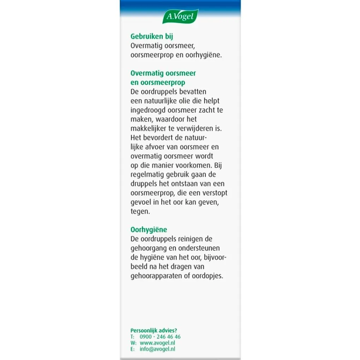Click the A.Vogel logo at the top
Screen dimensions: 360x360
180,17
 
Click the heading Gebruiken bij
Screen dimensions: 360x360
152,36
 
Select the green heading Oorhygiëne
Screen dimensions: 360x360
149,230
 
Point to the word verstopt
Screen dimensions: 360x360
214,193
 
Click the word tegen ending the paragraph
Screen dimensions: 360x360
140,212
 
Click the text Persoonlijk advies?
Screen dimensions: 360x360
154,331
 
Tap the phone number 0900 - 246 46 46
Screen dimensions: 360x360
160,337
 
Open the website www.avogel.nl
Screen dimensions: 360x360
158,343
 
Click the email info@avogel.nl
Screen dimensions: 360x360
158,349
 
